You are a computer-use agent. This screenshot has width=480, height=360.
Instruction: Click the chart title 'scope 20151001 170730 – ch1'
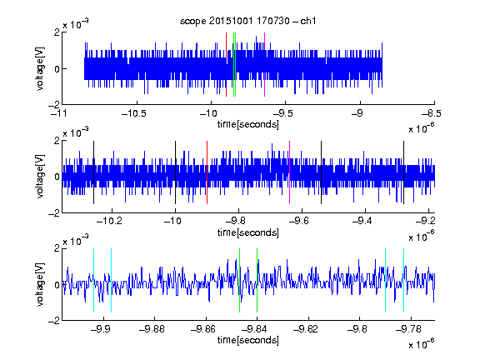[x=247, y=21]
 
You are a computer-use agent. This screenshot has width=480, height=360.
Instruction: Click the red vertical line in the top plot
[x=226, y=65]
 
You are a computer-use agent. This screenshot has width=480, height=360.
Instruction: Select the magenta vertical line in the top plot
[x=264, y=65]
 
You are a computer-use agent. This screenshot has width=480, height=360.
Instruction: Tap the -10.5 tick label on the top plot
[x=134, y=114]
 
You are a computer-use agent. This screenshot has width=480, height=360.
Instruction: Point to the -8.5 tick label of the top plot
[x=432, y=114]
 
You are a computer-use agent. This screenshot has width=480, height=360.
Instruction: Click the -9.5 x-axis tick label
[x=282, y=114]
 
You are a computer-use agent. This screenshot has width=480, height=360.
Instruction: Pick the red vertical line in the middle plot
[x=207, y=172]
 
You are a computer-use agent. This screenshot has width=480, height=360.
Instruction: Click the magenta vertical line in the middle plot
[x=290, y=172]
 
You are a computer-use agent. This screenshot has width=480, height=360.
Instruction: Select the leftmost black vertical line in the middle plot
[x=93, y=172]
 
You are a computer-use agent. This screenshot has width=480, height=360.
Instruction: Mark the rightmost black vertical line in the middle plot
[x=403, y=172]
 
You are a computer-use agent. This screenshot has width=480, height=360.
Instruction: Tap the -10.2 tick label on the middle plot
[x=109, y=221]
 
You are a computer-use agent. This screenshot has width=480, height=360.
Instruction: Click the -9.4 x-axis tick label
[x=362, y=221]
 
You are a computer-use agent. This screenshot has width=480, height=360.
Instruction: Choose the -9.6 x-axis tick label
[x=299, y=221]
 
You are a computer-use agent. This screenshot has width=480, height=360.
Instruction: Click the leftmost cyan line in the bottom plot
[x=93, y=280]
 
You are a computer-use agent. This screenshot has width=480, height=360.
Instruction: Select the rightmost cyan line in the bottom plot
[x=403, y=280]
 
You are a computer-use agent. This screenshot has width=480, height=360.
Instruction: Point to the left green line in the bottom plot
[x=239, y=280]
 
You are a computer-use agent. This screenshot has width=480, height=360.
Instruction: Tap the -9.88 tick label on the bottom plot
[x=152, y=329]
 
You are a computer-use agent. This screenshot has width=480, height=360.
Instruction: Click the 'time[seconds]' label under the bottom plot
[x=248, y=340]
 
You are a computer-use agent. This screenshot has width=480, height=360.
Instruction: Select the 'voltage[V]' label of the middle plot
[x=40, y=177]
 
